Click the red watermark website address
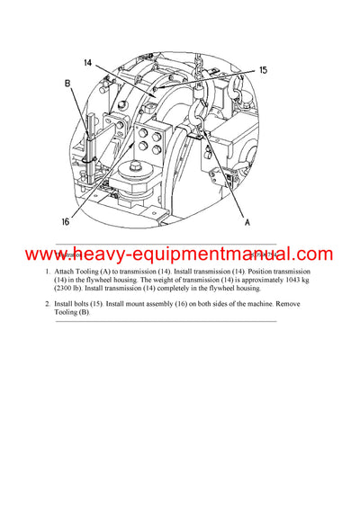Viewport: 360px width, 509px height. click(x=179, y=254)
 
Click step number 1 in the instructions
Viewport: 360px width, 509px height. click(x=48, y=271)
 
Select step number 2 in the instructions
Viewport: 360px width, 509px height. click(x=48, y=305)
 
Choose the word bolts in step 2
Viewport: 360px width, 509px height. click(x=88, y=305)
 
